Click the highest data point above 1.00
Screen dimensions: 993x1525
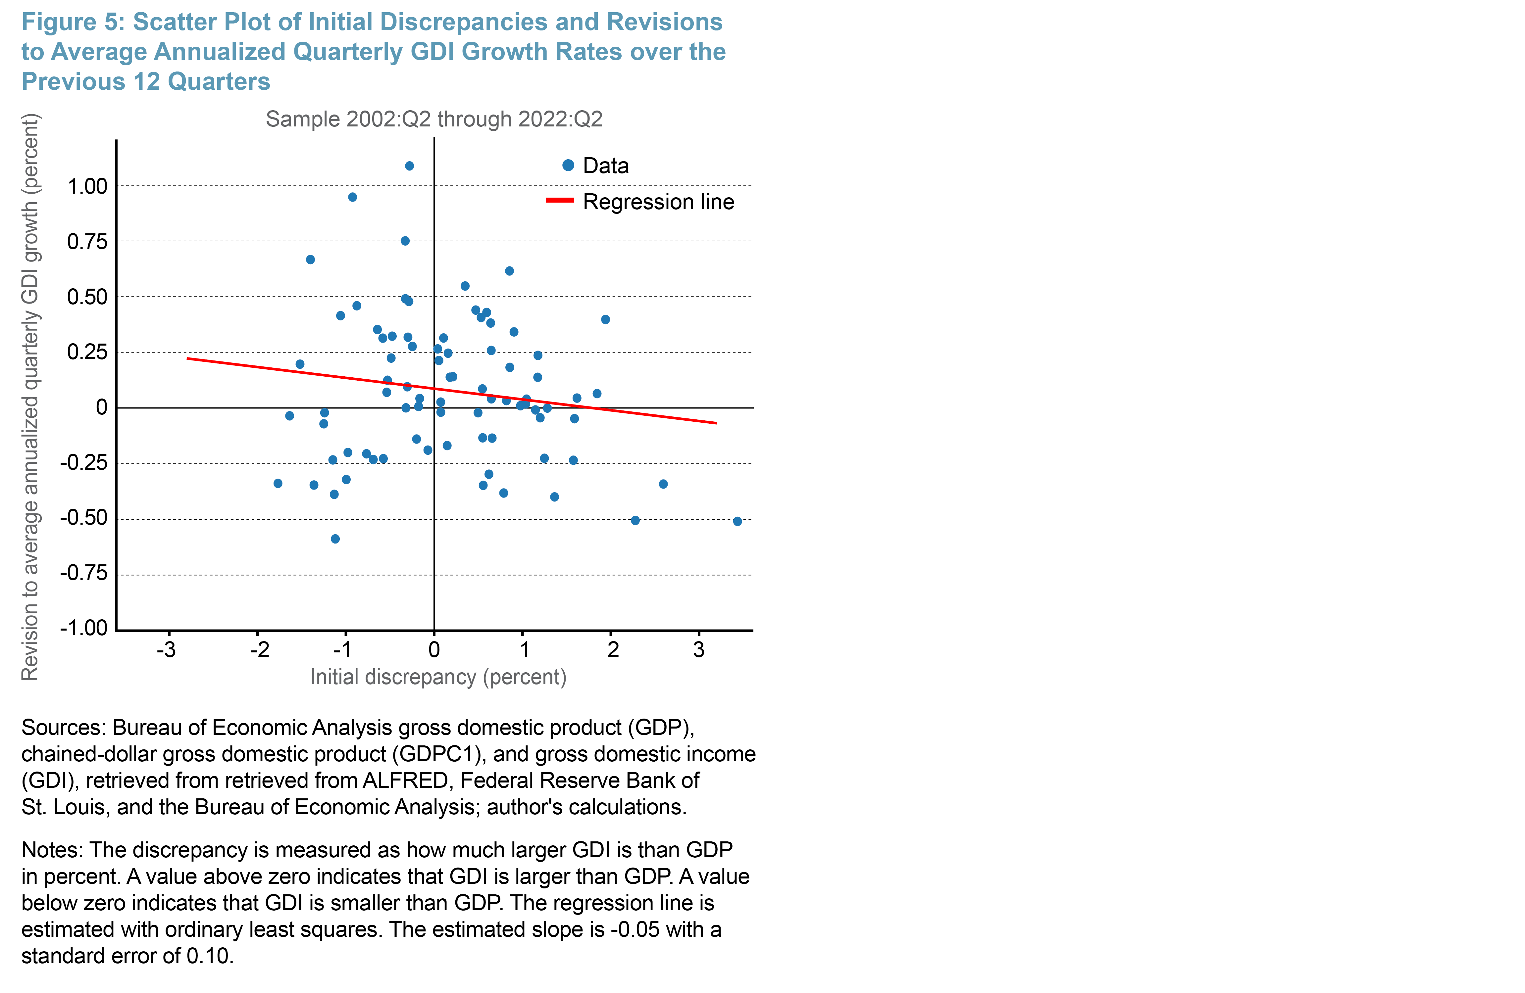[x=409, y=166]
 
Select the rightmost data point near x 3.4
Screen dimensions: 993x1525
[x=737, y=521]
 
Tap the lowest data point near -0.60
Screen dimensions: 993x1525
[x=335, y=539]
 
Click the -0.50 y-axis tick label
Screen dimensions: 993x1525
[x=84, y=518]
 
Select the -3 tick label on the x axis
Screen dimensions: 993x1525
[x=167, y=650]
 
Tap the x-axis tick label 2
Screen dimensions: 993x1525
[x=613, y=650]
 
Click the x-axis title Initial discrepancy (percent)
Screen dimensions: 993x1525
[x=438, y=677]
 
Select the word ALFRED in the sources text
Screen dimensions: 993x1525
[x=405, y=780]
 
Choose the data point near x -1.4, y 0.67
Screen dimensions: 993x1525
[x=310, y=260]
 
